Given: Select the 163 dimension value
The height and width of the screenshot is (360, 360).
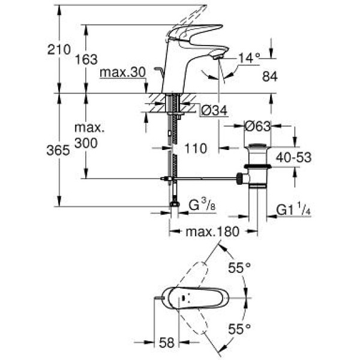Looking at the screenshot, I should pos(88,59).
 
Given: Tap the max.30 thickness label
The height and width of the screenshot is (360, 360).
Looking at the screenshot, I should pos(122,72).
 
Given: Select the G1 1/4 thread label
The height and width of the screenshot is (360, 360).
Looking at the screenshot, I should pos(293,210).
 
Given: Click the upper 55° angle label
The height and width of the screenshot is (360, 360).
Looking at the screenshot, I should pos(239,268).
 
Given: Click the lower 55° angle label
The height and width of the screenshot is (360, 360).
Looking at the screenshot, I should pos(239,328).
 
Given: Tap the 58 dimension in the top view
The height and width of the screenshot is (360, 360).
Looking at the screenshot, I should pos(168,343).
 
